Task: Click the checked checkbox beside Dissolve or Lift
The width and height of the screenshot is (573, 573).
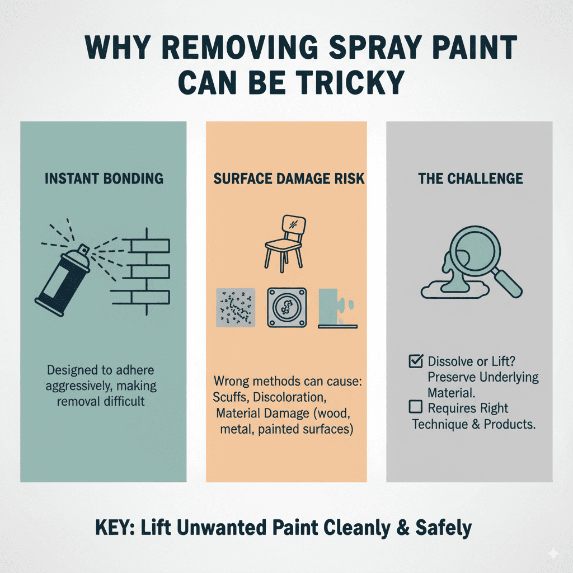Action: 416,361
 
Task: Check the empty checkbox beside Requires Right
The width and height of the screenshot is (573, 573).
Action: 416,407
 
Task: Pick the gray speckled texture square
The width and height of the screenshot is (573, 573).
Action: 236,307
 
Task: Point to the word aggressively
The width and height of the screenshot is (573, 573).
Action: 84,387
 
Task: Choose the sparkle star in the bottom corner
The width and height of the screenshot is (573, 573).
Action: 553,553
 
